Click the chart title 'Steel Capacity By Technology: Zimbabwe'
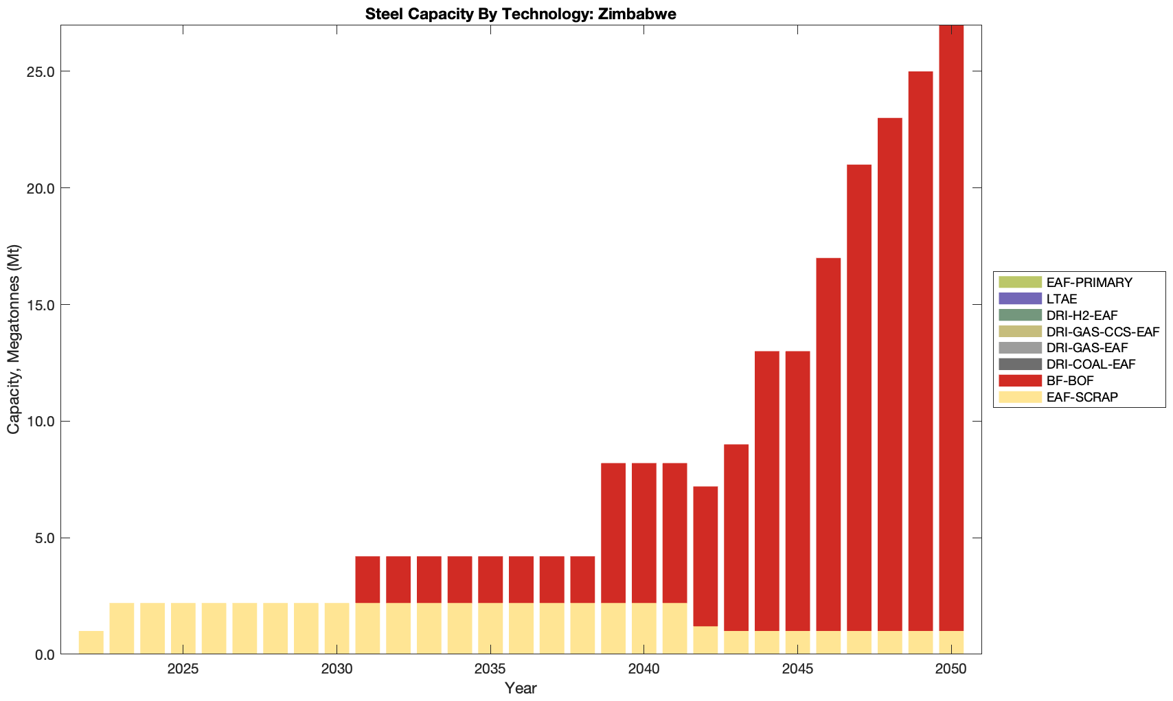point(521,14)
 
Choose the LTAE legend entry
point(1062,299)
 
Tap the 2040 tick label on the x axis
point(644,669)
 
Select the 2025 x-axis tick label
point(183,669)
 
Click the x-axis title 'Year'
point(521,688)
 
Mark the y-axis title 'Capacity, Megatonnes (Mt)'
point(14,339)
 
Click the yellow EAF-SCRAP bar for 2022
point(91,643)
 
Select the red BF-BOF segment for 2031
point(367,579)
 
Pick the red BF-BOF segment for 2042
point(705,556)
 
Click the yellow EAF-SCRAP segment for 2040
point(644,628)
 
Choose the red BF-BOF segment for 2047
point(859,398)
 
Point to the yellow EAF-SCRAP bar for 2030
point(337,628)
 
